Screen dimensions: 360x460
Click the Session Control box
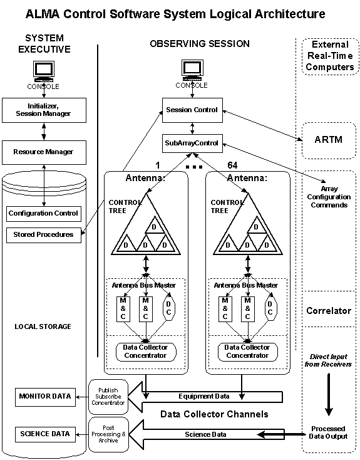(x=192, y=110)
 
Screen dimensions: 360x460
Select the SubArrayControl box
(x=192, y=143)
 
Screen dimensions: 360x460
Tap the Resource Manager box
(x=44, y=152)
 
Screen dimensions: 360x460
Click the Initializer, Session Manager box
(x=44, y=110)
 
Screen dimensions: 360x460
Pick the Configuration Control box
(x=44, y=214)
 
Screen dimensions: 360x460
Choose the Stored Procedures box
(x=44, y=235)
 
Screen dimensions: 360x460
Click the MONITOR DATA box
(x=45, y=397)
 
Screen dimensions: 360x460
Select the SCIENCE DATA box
(x=45, y=434)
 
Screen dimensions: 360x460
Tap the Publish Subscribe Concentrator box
(x=108, y=397)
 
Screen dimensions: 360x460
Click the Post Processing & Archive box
(x=108, y=434)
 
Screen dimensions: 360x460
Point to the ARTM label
(x=328, y=140)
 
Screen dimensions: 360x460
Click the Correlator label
(x=329, y=311)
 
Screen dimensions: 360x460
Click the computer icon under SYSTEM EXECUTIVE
(x=44, y=71)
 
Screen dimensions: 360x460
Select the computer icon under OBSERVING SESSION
(x=192, y=70)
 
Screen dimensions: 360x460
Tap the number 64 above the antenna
(x=232, y=165)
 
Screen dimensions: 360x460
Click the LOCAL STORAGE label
(x=43, y=327)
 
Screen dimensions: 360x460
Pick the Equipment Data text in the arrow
(x=204, y=396)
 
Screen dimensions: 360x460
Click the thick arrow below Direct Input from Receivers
(x=329, y=395)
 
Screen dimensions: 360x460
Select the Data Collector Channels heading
(x=214, y=414)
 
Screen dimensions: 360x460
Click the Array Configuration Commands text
(x=329, y=197)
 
